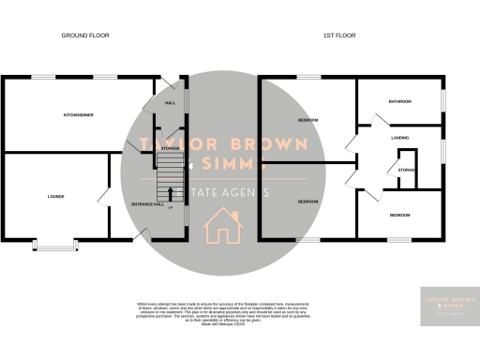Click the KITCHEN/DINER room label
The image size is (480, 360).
[78, 113]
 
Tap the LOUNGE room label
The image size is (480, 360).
[55, 196]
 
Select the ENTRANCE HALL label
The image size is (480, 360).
[147, 202]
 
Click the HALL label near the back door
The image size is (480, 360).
[170, 103]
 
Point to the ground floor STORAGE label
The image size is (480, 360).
[170, 148]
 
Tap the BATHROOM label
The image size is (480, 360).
[401, 101]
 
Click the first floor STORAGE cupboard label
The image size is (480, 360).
[406, 170]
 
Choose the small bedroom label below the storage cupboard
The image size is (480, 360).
[400, 215]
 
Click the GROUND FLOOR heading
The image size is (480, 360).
[85, 35]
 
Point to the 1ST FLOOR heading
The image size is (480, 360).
[340, 35]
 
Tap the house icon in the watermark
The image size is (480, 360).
[223, 225]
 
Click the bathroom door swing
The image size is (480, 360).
[380, 120]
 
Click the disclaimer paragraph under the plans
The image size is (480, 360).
[240, 313]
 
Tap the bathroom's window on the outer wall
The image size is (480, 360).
[443, 100]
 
